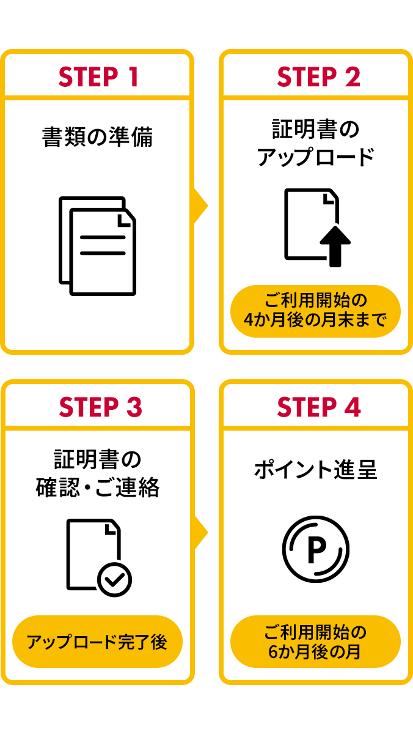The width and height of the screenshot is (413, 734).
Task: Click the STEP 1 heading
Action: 98,77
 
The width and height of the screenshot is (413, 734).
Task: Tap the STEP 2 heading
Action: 318,77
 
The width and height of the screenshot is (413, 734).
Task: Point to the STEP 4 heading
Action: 318,407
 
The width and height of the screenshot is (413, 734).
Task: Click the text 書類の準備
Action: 98,136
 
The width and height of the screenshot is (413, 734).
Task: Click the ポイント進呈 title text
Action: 315,470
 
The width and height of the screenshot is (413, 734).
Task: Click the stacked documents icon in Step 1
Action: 98,246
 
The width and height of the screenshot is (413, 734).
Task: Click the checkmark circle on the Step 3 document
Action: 115,579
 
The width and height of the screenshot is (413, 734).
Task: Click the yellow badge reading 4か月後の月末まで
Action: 315,311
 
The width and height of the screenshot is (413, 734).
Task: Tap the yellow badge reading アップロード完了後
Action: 98,642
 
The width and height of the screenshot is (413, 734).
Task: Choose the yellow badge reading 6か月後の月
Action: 315,642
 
